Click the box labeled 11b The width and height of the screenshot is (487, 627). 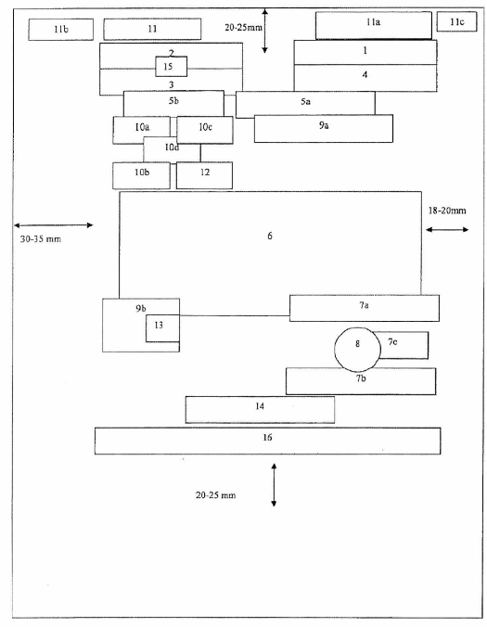pos(61,30)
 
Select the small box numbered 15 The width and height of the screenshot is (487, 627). pos(171,67)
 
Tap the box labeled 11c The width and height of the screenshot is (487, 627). pos(456,21)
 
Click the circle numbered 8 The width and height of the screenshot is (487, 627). pos(357,350)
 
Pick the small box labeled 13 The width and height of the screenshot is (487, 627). pos(162,328)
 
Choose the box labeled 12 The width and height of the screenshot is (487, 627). pos(204,175)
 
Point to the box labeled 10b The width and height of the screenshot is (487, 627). pos(141,175)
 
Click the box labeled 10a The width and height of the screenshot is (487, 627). pos(142,130)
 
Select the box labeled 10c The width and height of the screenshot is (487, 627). pos(205,130)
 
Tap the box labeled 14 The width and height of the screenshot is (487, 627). pos(260,409)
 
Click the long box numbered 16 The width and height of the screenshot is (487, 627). pos(267,441)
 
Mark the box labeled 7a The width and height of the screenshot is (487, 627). pos(365,308)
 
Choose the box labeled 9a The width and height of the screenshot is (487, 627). pos(324,128)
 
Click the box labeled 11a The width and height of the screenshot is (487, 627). pos(374,26)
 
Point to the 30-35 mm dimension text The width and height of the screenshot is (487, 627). pos(41,239)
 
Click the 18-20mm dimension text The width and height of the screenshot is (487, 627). pos(447,211)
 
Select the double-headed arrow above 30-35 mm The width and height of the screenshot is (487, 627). pos(54,225)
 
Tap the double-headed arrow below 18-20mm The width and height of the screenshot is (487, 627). pos(447,229)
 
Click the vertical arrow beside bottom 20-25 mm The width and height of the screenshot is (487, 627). pos(274,485)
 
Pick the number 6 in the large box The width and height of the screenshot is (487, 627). pos(270,236)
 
